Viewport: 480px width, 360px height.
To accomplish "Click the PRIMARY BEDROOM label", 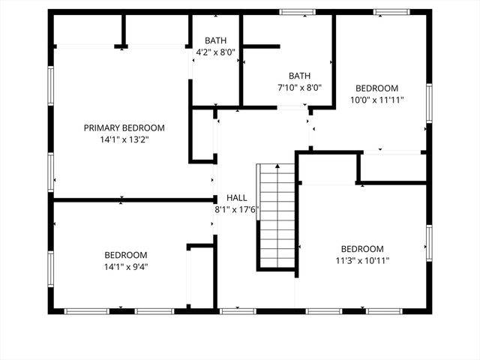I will (x=124, y=127).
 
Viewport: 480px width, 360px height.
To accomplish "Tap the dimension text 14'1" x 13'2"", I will (x=124, y=139).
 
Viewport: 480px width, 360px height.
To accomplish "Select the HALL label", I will (x=236, y=198).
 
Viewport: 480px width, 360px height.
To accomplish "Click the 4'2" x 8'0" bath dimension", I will (x=215, y=52).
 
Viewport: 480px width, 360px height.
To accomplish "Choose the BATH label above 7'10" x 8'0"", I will (x=300, y=75).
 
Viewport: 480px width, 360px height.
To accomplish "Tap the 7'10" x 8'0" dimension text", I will (x=300, y=86).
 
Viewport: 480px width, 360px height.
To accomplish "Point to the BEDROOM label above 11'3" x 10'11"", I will (x=362, y=249).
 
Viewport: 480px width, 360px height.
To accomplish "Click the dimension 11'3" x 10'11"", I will (x=362, y=260).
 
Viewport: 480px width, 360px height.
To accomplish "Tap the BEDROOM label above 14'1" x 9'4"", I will (x=125, y=255).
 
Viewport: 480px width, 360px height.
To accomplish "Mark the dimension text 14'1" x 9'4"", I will (x=125, y=266).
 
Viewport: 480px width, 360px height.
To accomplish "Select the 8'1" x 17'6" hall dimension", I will (x=236, y=209).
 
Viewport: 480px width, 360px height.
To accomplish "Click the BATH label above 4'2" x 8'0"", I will (x=215, y=40).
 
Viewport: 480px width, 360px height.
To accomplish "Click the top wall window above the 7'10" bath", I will (x=298, y=12).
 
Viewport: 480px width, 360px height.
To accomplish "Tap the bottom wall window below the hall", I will (x=238, y=310).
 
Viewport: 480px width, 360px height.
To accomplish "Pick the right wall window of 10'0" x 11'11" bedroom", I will (x=429, y=102).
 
